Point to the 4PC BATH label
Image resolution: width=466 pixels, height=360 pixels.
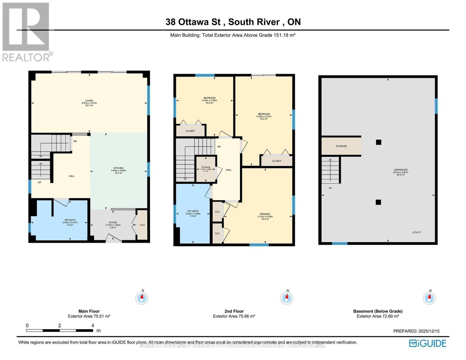[x=193, y=213]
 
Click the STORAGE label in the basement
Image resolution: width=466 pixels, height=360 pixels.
[x=341, y=146]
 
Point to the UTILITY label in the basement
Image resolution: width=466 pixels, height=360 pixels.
[x=416, y=232]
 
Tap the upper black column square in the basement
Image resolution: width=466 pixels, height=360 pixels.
[x=378, y=142]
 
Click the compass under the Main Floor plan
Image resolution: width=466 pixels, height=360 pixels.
[x=142, y=298]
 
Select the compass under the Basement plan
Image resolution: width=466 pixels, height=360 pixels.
[x=429, y=298]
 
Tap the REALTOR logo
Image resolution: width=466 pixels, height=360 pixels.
[x=26, y=31]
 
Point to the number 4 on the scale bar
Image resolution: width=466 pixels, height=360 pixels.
[x=92, y=325]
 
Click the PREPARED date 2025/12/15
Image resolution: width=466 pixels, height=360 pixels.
[x=428, y=331]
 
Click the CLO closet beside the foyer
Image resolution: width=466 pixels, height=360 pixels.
[x=142, y=225]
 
